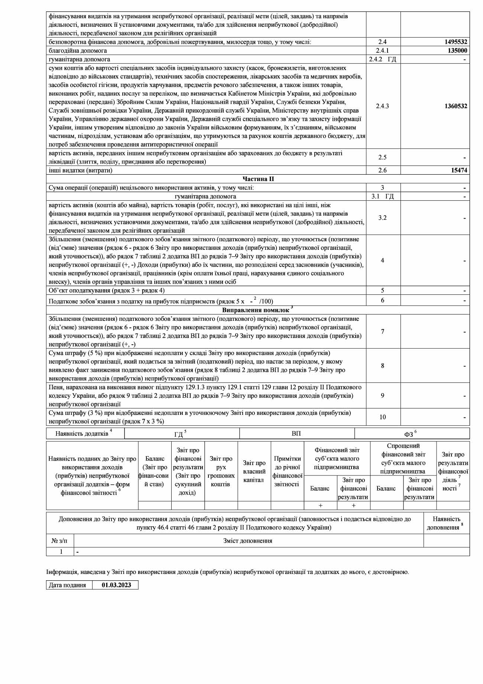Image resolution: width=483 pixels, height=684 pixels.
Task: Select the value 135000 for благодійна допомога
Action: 457,51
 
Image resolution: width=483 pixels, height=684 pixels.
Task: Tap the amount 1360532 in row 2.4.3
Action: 456,106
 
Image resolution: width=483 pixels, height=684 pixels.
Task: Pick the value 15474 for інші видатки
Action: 459,170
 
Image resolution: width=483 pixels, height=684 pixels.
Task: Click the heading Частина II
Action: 258,179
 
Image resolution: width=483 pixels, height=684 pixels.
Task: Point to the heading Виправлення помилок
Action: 256,310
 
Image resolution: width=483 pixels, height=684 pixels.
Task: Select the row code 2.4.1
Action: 383,51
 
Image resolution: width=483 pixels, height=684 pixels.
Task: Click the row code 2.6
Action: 382,170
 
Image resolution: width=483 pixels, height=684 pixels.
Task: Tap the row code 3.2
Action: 382,218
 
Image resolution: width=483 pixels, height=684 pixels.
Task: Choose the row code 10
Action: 382,417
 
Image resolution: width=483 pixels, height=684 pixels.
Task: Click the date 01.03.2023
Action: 116,585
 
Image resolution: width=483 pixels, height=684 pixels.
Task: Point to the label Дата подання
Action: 67,585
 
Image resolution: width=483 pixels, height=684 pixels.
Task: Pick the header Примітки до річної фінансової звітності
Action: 287,471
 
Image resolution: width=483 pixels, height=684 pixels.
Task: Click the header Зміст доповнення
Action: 248,541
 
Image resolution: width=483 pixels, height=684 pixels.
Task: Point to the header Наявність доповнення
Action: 446,523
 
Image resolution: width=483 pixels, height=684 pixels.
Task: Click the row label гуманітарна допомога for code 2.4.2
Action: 79,59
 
